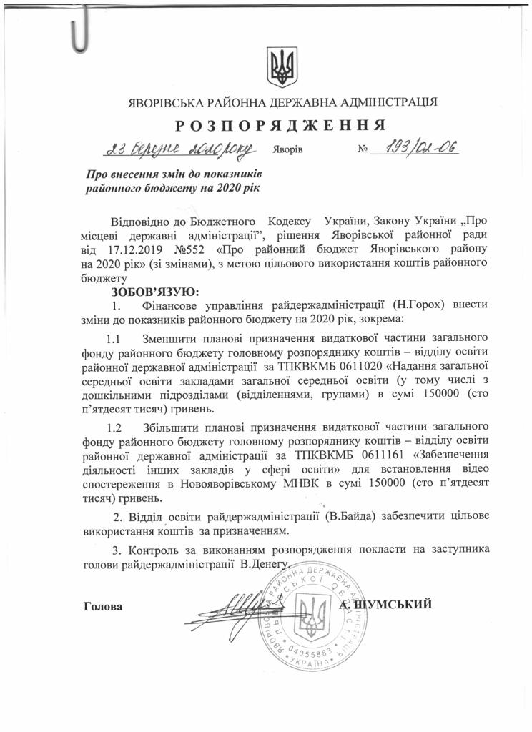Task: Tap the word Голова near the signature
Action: [x=104, y=607]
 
